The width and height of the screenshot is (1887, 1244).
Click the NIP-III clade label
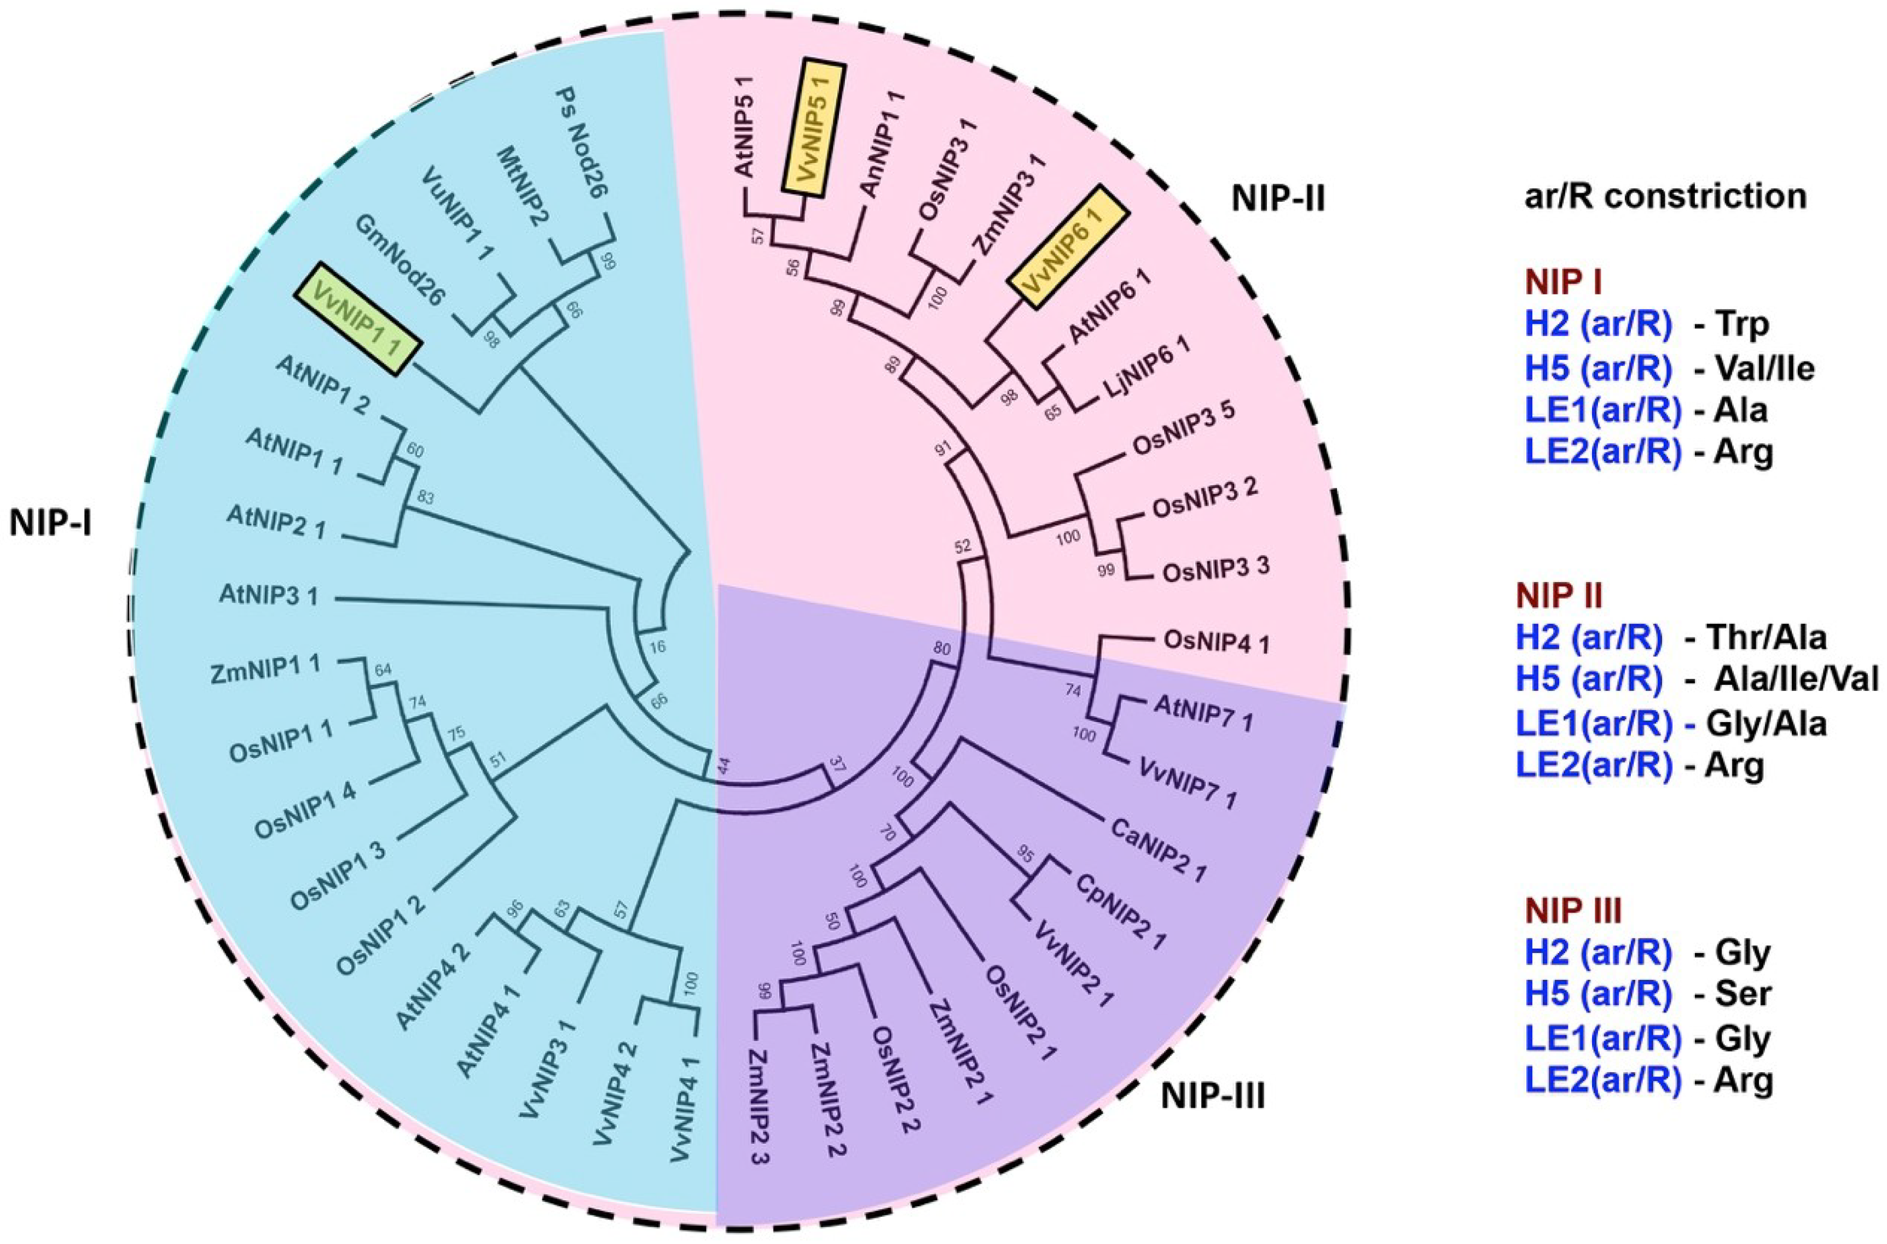(1213, 1098)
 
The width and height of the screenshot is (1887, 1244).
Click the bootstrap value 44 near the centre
(723, 766)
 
